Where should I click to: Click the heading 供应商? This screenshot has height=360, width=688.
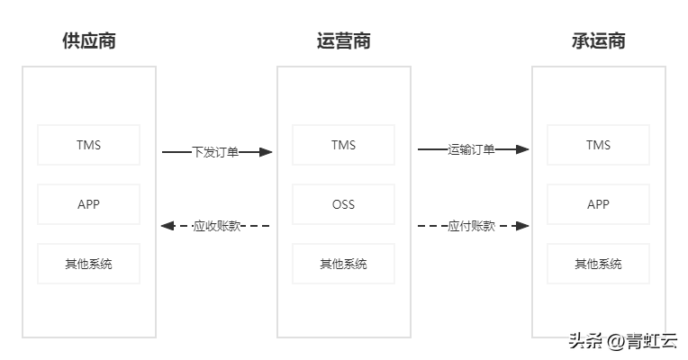click(89, 41)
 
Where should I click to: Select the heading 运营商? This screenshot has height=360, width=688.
click(343, 41)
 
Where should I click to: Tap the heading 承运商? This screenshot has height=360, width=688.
click(598, 41)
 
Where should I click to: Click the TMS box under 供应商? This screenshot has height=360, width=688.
click(89, 145)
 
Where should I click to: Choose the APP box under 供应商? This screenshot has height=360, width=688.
click(89, 204)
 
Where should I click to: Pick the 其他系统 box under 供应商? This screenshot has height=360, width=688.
click(89, 264)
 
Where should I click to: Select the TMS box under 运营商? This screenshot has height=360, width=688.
click(343, 145)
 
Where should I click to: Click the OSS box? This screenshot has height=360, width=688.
click(343, 204)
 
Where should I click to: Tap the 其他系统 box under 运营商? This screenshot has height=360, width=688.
click(343, 264)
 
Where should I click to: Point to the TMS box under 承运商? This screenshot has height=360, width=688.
click(598, 145)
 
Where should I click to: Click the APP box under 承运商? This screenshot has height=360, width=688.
click(598, 204)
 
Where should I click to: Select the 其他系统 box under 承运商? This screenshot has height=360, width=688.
click(598, 264)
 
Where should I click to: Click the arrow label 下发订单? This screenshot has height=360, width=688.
click(216, 152)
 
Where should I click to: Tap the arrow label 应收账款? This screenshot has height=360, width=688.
click(217, 226)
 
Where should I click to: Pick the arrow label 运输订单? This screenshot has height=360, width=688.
click(471, 149)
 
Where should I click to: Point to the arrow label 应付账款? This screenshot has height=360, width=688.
click(471, 226)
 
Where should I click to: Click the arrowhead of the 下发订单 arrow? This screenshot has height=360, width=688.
click(267, 153)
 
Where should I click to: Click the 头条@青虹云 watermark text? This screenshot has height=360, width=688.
click(621, 341)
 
